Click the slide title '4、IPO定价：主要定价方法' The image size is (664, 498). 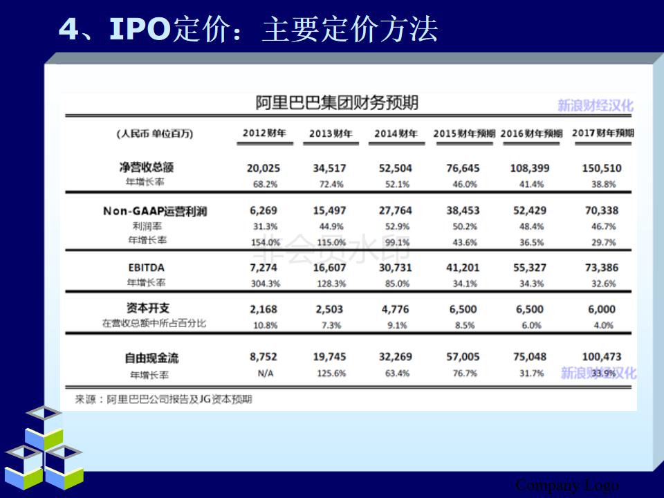click(248, 30)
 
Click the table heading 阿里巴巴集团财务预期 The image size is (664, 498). click(337, 104)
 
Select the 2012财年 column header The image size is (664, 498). click(264, 133)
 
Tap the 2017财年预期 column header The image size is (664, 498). click(604, 133)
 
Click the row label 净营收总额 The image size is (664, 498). click(146, 167)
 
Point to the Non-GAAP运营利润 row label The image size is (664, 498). click(155, 211)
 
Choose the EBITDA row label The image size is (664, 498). click(146, 268)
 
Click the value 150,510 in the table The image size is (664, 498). click(602, 168)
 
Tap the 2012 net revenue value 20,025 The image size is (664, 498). click(263, 168)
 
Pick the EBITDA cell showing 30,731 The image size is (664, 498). click(395, 268)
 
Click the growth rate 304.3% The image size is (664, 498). click(264, 284)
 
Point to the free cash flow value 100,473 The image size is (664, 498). click(602, 357)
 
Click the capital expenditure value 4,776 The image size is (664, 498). click(395, 309)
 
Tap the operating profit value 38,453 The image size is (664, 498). click(463, 211)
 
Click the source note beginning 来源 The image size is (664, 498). click(164, 399)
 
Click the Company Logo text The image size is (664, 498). click(567, 485)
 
